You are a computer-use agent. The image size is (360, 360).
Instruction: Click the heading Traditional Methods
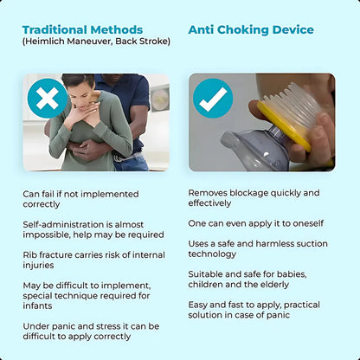(x=82, y=30)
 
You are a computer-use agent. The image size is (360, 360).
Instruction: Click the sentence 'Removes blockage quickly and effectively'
(x=254, y=198)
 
